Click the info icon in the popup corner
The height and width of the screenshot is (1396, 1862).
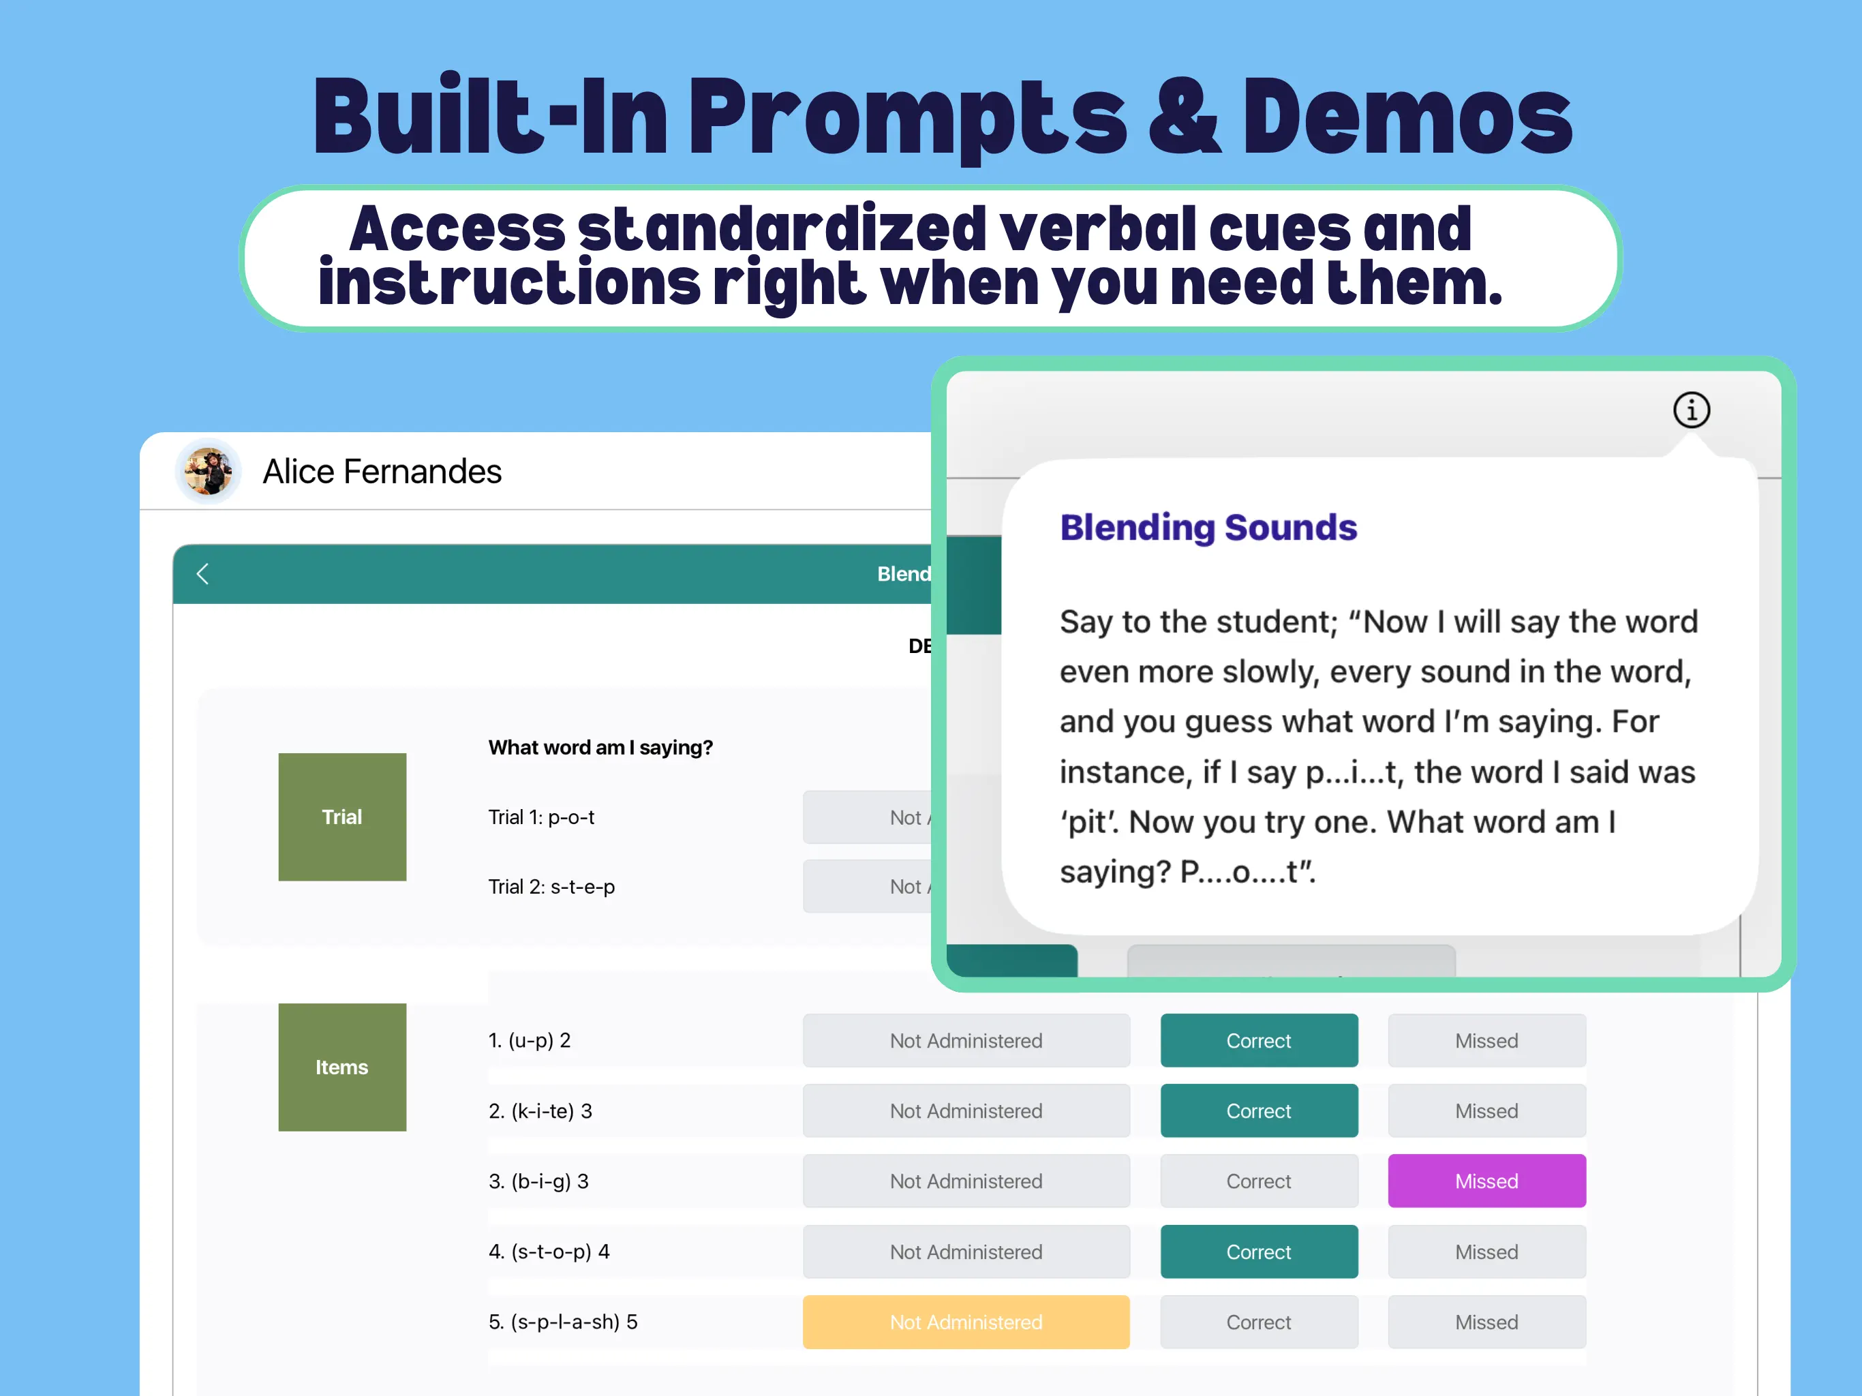(1690, 410)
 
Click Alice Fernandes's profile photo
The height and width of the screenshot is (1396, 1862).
(208, 470)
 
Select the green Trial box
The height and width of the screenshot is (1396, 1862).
(341, 817)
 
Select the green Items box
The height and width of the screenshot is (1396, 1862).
(341, 1067)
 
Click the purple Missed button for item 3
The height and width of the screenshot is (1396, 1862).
(1486, 1181)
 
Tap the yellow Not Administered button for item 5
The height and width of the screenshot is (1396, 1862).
(966, 1322)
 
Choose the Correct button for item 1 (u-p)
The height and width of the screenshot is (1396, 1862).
(1258, 1041)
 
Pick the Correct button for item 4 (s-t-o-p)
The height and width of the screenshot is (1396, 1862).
(1258, 1251)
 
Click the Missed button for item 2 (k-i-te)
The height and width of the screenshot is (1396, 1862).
(1486, 1110)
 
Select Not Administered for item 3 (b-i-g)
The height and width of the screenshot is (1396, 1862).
(966, 1181)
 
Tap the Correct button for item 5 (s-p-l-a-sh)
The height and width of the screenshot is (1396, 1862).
(1258, 1322)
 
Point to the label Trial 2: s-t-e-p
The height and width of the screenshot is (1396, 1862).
(551, 887)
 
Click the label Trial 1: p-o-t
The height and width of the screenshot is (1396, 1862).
(541, 817)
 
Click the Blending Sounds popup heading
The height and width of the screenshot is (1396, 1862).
(1208, 528)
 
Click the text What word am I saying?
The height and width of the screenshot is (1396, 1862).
(600, 748)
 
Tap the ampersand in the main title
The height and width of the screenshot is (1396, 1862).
(1184, 118)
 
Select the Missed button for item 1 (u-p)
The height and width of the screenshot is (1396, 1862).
(1486, 1041)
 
